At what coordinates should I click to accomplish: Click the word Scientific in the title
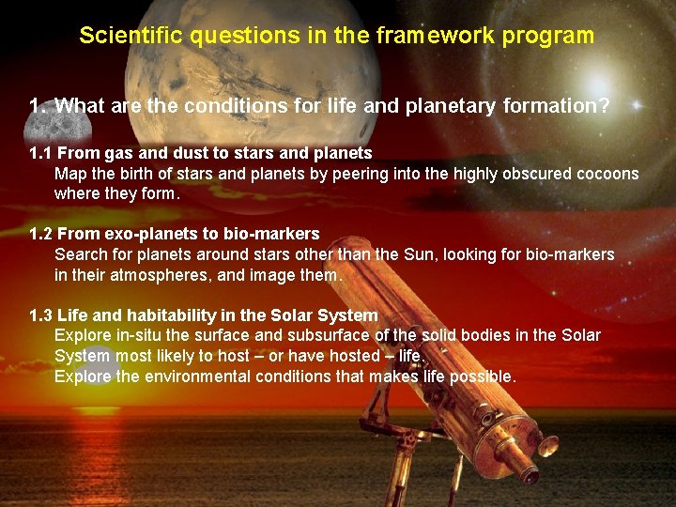point(133,36)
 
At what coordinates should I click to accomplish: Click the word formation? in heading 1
point(554,106)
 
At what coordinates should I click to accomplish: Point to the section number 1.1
point(40,152)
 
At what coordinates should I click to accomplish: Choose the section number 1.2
point(40,233)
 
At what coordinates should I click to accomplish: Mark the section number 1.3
point(40,315)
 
